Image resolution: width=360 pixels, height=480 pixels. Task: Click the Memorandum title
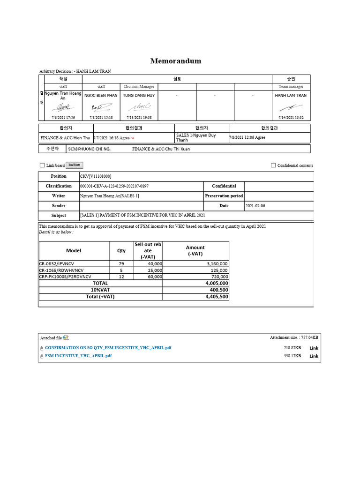tap(175, 61)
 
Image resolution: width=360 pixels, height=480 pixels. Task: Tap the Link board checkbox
tap(42, 165)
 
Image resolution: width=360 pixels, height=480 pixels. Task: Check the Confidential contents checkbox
tap(273, 165)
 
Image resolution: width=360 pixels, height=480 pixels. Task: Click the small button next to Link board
tap(74, 165)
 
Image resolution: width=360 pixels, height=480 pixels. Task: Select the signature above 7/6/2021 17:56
tap(63, 107)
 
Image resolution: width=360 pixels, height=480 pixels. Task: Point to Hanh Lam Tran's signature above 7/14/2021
tap(291, 107)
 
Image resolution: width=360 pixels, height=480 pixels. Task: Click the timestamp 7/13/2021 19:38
tap(139, 118)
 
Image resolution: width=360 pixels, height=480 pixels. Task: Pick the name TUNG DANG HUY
tap(139, 96)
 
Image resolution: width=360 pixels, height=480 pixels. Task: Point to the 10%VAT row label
tap(100, 290)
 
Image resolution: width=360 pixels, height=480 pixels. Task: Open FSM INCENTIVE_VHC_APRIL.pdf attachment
tap(78, 356)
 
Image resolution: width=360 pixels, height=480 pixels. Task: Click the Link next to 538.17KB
tap(314, 356)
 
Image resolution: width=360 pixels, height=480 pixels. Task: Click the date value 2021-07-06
tap(255, 206)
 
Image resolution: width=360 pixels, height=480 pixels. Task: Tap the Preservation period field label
tap(224, 196)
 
